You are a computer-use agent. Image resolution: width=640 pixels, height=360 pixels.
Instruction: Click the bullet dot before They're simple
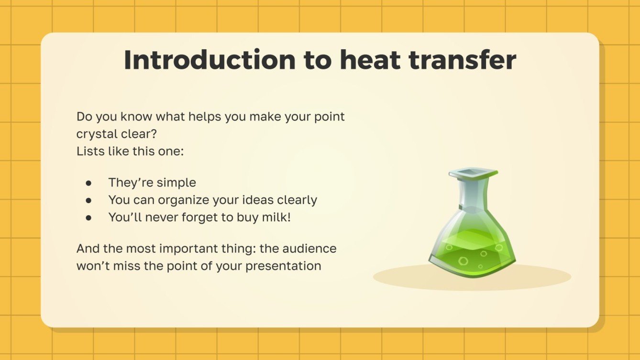click(x=88, y=183)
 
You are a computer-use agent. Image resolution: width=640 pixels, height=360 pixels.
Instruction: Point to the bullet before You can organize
click(x=88, y=200)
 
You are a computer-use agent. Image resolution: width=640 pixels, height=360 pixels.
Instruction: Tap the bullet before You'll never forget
click(x=88, y=217)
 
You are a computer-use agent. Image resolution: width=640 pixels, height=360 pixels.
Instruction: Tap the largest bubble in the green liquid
click(x=463, y=261)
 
